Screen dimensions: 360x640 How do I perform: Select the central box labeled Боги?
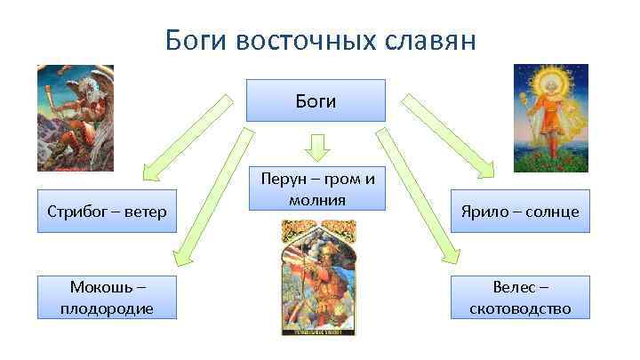click(x=316, y=100)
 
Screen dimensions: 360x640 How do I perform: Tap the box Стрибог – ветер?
click(x=108, y=211)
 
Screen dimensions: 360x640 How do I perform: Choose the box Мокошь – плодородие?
click(x=108, y=297)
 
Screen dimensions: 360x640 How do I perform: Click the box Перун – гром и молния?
click(x=316, y=188)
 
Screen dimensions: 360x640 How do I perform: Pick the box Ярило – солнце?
click(x=520, y=211)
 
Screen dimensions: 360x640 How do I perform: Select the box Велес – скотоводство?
click(x=520, y=297)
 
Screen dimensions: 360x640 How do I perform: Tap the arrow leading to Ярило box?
click(x=448, y=133)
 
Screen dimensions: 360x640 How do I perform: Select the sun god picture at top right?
click(x=552, y=116)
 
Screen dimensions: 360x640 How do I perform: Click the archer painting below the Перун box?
click(x=316, y=277)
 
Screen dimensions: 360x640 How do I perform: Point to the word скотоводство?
click(x=520, y=308)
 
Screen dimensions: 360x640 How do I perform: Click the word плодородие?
click(x=108, y=308)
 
